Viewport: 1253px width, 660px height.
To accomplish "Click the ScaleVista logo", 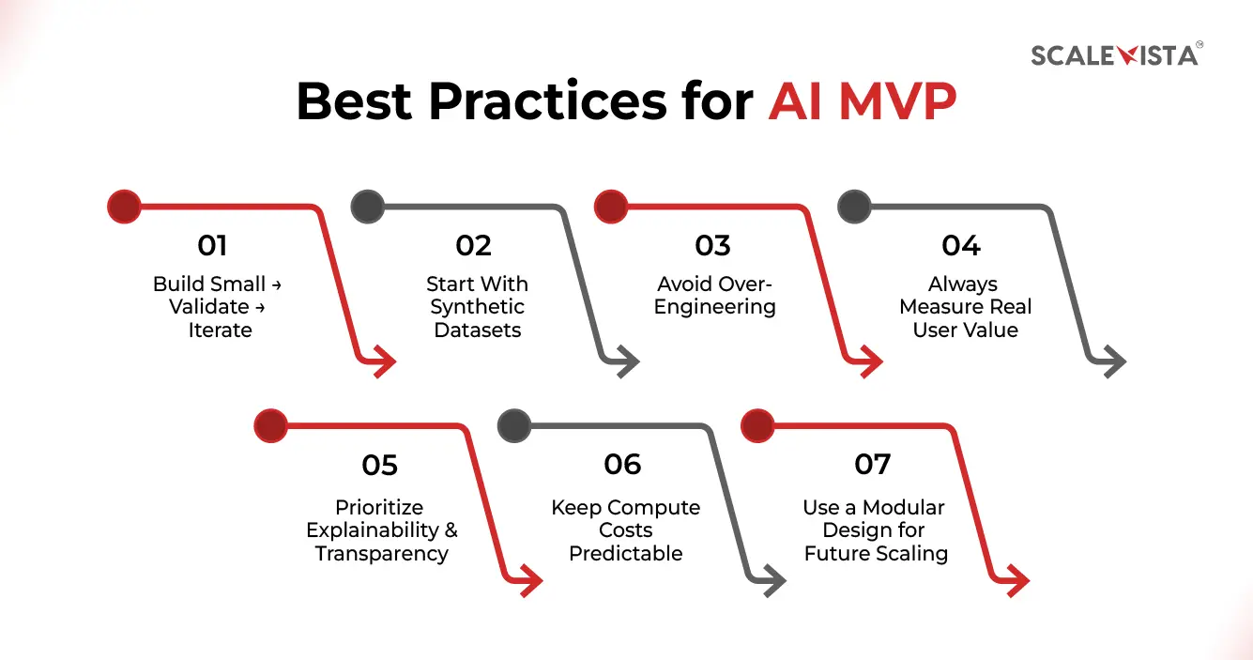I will [1115, 55].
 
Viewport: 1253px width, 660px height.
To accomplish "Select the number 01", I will [213, 246].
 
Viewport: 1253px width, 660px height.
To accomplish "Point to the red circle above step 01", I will [124, 207].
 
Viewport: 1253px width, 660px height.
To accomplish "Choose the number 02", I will [474, 246].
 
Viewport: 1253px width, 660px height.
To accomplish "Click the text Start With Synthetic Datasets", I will [478, 307].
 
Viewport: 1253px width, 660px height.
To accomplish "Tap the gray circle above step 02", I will [367, 207].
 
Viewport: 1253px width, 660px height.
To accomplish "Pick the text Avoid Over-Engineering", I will [714, 296].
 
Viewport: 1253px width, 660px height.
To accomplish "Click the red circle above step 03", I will [612, 207].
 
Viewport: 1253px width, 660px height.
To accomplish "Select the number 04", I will [961, 246].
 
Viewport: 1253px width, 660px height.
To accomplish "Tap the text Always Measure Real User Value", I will [965, 307].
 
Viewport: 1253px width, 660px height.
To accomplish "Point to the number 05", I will [380, 465].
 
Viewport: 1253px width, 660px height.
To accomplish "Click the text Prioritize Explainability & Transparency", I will [382, 530].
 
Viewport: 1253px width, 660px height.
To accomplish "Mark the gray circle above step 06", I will [513, 425].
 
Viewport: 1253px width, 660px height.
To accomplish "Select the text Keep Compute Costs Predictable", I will [625, 530].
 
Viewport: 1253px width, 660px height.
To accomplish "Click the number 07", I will [873, 465].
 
